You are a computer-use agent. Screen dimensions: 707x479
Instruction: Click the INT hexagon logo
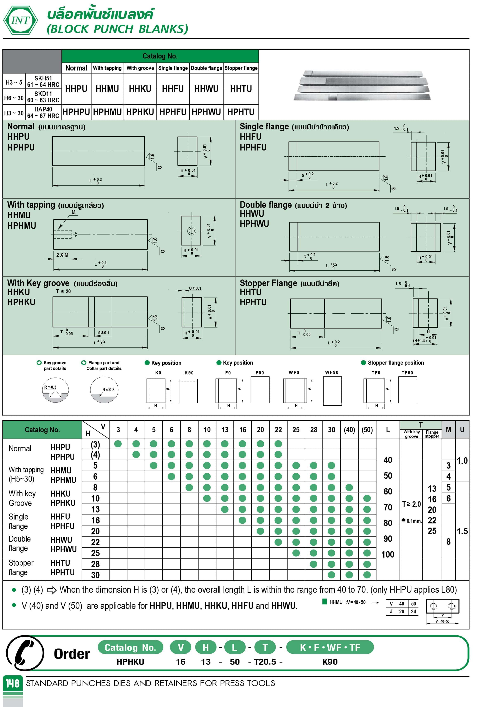pos(20,20)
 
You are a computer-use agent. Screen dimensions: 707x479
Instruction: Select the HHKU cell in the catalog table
pos(140,89)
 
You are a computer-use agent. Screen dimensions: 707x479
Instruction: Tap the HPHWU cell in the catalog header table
pos(206,112)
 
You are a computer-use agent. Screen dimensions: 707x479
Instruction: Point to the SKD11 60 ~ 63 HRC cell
pos(43,97)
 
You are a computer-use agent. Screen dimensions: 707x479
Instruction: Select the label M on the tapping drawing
pos(74,212)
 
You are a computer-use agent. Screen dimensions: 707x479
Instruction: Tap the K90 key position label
pos(189,373)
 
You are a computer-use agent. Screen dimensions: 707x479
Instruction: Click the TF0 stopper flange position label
pos(376,373)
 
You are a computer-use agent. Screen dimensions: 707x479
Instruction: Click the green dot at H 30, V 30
pos(331,575)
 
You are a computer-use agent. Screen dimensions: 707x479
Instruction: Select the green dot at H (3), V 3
pos(118,444)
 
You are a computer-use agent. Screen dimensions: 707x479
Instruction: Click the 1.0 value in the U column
pos(462,461)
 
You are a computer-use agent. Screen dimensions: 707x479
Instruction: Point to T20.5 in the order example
pos(265,662)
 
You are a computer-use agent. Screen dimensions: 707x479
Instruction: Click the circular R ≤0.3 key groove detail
pos(55,390)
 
